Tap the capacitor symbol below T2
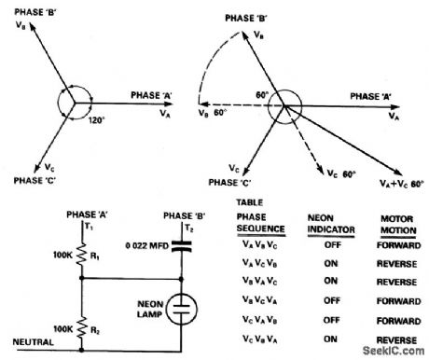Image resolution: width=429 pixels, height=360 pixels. (x=185, y=246)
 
